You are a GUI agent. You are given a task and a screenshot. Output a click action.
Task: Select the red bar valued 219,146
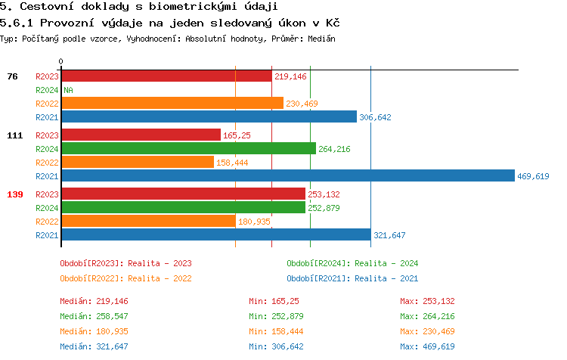[x=166, y=76]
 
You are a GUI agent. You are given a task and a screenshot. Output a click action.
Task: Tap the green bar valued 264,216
[x=188, y=149]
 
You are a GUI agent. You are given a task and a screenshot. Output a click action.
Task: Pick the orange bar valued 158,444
[x=138, y=163]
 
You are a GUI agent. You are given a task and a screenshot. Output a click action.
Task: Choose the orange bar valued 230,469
[x=172, y=103]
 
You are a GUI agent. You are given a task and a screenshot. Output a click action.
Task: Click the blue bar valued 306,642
[x=209, y=116]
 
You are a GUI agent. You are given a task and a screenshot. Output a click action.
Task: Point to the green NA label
[x=68, y=90]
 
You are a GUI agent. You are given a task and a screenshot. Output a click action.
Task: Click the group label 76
[x=12, y=76]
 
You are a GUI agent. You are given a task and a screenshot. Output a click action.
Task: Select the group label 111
[x=15, y=135]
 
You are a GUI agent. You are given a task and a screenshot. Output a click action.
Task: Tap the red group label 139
[x=15, y=194]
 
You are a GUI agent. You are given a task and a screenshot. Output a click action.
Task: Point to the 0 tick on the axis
[x=61, y=61]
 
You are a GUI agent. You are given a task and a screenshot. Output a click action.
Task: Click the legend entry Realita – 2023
[x=125, y=263]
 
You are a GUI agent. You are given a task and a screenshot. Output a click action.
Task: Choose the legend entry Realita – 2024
[x=352, y=263]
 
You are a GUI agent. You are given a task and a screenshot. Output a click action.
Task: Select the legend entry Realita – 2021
[x=352, y=278]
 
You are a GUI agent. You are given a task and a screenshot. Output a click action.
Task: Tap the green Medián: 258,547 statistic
[x=94, y=316]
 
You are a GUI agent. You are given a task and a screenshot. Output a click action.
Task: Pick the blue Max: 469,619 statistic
[x=427, y=346]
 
